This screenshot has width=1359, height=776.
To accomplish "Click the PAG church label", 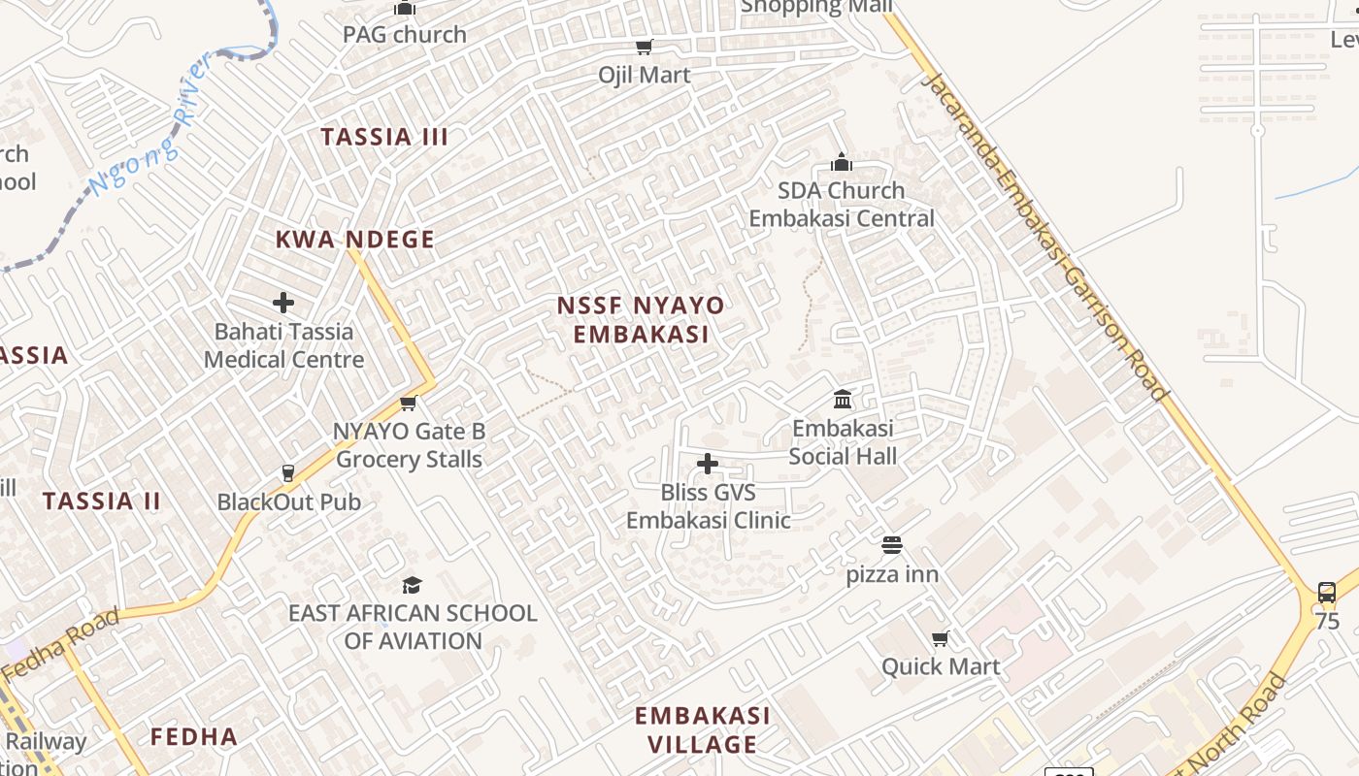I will coord(405,34).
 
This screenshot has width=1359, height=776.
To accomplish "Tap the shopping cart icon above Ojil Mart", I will coord(644,47).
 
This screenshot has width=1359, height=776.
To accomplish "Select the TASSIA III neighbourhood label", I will coord(384,137).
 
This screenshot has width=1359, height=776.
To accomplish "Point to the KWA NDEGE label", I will coord(354,240).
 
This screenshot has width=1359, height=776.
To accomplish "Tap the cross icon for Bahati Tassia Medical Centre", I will coord(283,303).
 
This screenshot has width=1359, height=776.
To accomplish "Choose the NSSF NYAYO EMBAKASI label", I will coord(641,320).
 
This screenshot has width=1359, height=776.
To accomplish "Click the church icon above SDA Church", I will coord(842,161).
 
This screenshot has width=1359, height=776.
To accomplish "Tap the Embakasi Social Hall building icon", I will coord(843,399).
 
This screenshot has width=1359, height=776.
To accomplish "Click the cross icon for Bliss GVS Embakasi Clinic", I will coord(708,464).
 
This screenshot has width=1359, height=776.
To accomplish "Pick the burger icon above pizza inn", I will coord(891,545).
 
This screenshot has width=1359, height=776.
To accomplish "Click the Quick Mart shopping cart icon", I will coord(940,638).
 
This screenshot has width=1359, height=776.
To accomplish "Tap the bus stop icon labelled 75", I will coord(1326,592).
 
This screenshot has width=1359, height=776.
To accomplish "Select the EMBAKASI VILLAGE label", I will coord(703,729).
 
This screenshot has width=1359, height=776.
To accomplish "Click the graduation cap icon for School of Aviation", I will coord(412,585).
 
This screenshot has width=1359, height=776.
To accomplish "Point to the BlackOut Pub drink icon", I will coord(287,473).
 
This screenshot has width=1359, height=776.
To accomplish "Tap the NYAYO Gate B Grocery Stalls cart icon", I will coord(409,403).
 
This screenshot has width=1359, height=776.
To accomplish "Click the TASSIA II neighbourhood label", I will coord(101,501).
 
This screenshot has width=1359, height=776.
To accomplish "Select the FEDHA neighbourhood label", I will coord(194,737).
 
